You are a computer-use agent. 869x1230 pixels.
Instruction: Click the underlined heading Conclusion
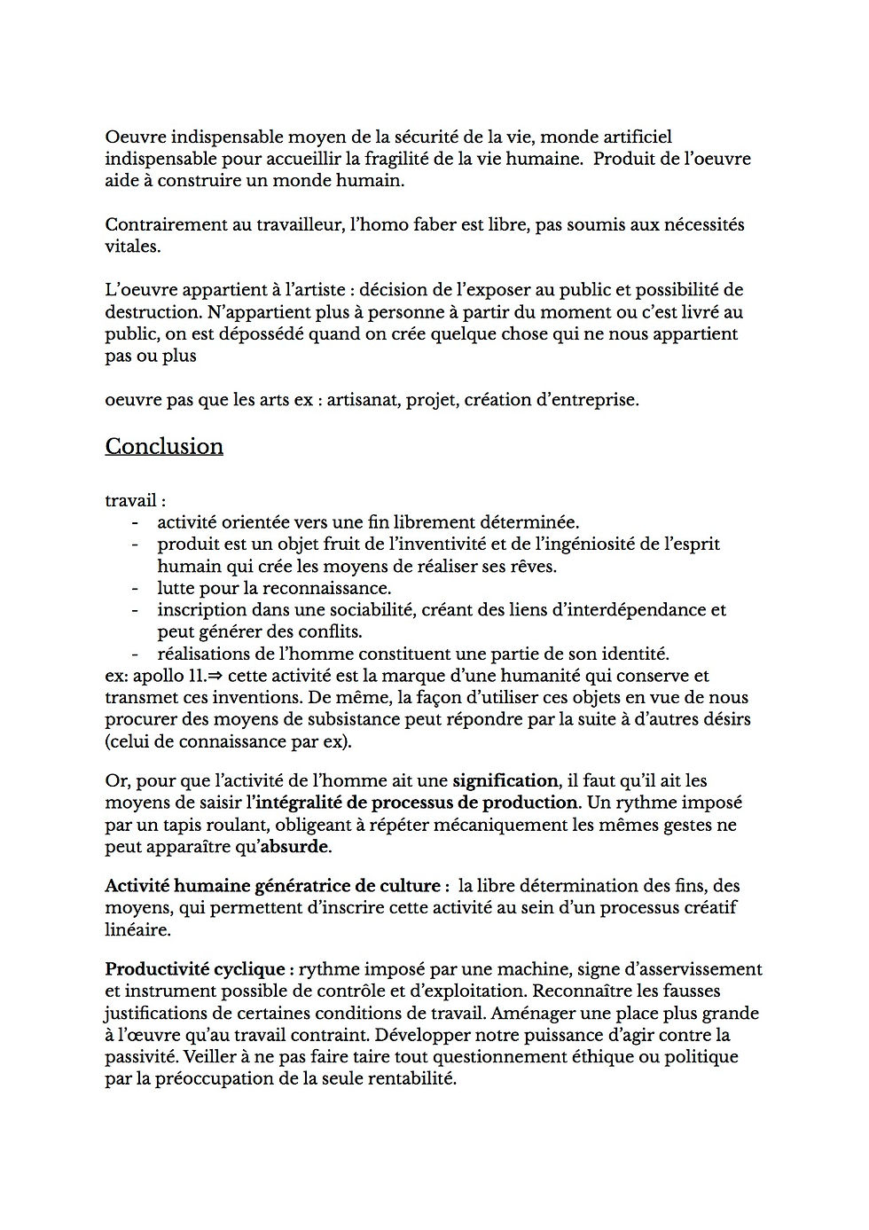click(164, 446)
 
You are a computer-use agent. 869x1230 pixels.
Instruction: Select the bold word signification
click(505, 781)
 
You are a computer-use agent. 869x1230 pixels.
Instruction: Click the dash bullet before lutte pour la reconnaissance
click(135, 588)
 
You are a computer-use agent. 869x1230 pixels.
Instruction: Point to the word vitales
click(131, 247)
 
